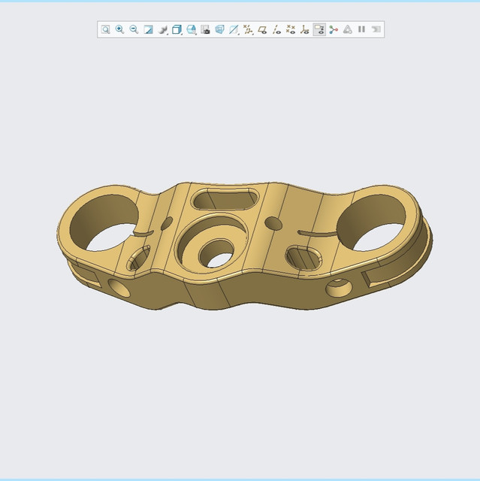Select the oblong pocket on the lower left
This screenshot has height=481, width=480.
[x=137, y=261]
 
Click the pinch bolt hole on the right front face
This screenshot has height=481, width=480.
[x=337, y=288]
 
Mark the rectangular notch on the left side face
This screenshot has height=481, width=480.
[x=85, y=277]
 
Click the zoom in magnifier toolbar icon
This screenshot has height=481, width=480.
[x=119, y=29]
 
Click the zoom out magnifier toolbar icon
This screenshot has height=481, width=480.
[x=134, y=29]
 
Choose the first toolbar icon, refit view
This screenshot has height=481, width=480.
[x=106, y=29]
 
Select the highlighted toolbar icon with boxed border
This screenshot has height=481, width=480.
[x=319, y=29]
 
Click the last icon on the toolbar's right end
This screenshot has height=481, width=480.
[x=376, y=29]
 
